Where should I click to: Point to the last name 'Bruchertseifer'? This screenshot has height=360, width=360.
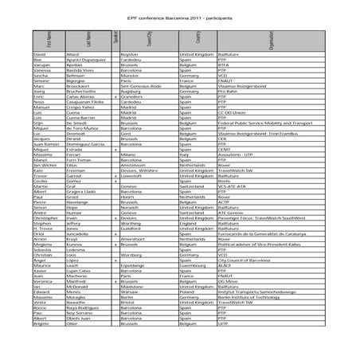pos(80,92)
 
